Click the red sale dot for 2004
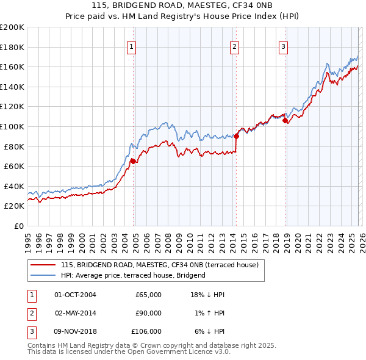[x=132, y=161]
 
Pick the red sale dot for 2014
[x=236, y=136]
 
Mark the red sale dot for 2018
[x=285, y=120]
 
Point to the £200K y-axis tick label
[x=12, y=27]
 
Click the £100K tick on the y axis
[x=12, y=126]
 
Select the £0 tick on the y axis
[x=20, y=226]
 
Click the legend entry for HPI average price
[x=133, y=275]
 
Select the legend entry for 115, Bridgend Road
[x=160, y=265]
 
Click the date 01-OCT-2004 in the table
[x=75, y=295]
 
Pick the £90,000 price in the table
[x=148, y=313]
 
